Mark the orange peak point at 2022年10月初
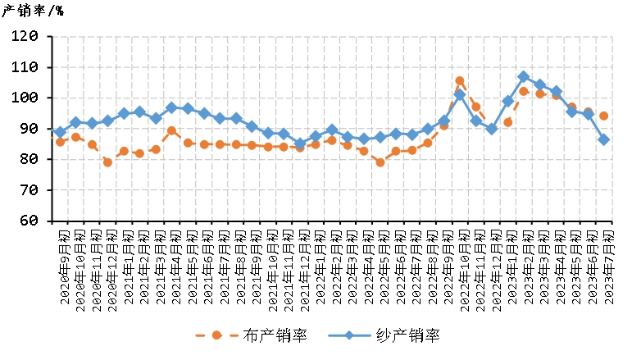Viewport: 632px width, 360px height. coord(460,81)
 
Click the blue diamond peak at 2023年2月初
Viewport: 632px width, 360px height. coord(524,76)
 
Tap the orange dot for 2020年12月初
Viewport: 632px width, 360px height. coord(107,162)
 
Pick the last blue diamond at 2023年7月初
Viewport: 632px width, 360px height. coord(604,139)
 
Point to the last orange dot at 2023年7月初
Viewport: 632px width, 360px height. coord(604,116)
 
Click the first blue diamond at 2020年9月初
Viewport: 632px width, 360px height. coord(60,132)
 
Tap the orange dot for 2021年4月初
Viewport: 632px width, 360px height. coord(171,130)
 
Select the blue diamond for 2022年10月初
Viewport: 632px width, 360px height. coord(460,95)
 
